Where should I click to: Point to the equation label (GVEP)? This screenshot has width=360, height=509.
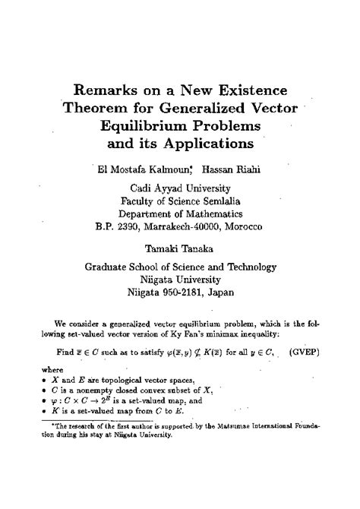pyautogui.click(x=305, y=352)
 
